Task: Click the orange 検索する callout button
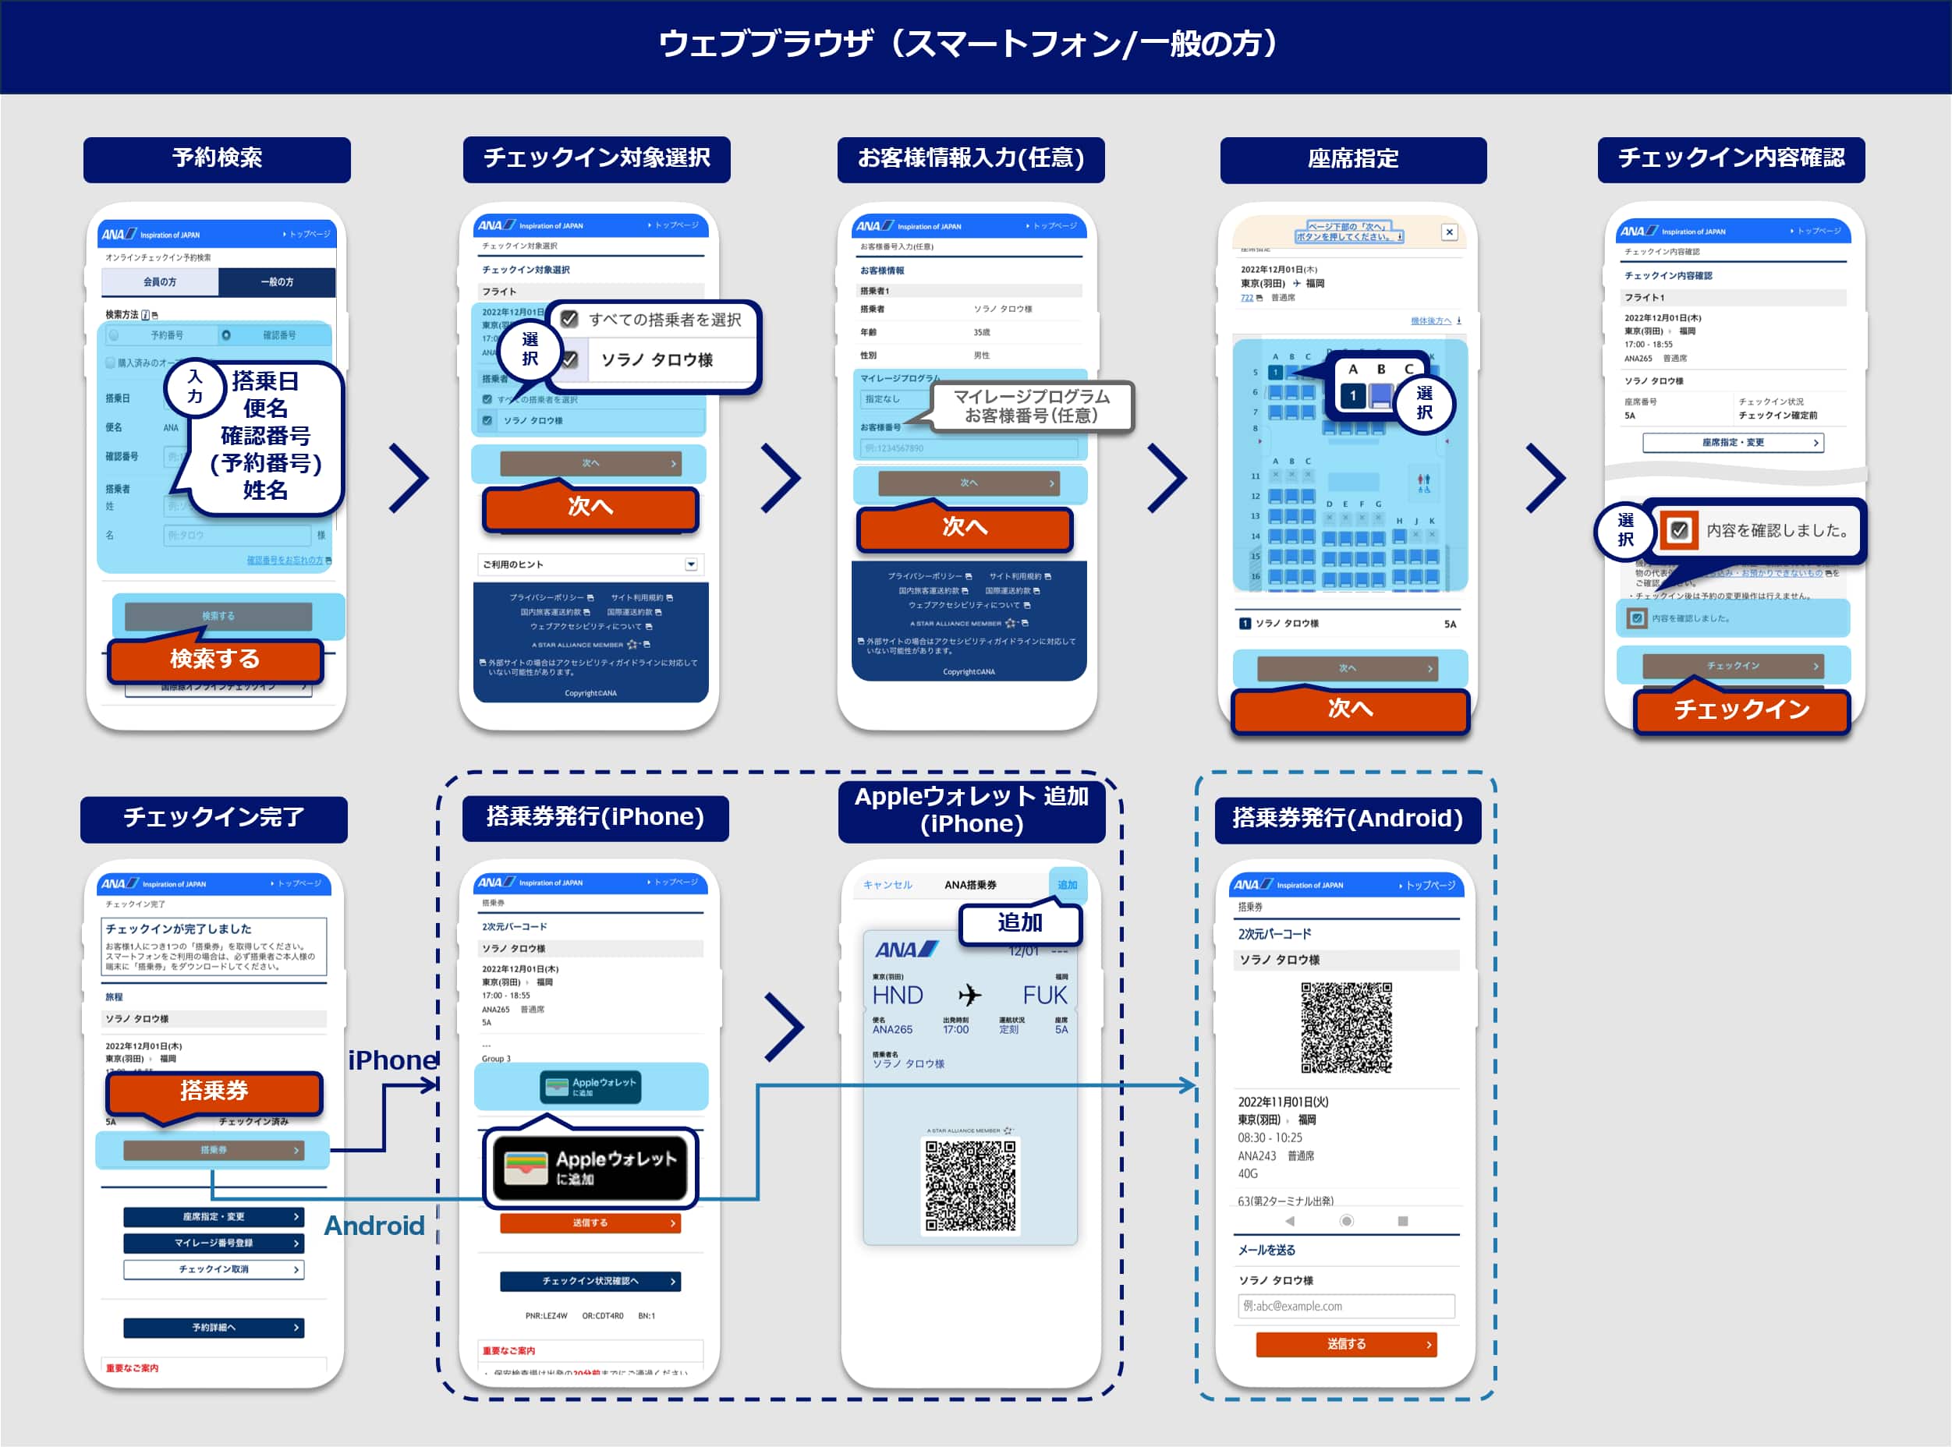(214, 659)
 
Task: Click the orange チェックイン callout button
(1741, 709)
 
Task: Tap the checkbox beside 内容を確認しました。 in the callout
(1678, 530)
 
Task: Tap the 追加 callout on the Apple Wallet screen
(1020, 923)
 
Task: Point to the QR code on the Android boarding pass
(1346, 1028)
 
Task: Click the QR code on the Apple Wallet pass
(970, 1185)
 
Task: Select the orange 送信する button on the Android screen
(1346, 1343)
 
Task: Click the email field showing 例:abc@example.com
(1346, 1306)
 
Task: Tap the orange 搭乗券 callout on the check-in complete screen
(214, 1091)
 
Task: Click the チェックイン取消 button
(214, 1269)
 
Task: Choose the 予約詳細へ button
(214, 1328)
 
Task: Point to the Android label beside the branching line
(374, 1226)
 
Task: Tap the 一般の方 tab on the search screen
(277, 282)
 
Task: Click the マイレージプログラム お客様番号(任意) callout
(1031, 406)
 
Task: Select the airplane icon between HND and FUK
(969, 995)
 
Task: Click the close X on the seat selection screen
(1449, 232)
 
